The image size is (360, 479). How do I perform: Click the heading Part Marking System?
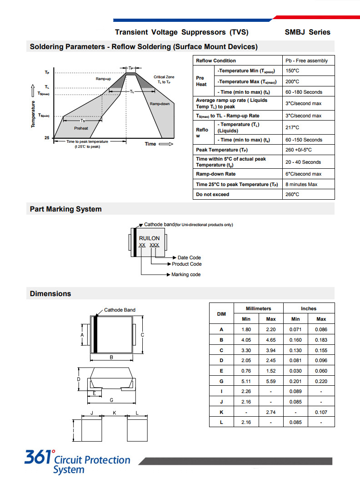(66, 209)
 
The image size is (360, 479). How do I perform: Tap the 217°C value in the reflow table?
(292, 128)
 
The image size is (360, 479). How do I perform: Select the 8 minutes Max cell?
(302, 184)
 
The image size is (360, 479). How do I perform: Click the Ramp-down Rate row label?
(216, 174)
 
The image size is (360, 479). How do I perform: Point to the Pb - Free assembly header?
(306, 61)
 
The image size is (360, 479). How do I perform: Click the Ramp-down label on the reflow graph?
(160, 104)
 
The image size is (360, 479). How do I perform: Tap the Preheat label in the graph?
(81, 128)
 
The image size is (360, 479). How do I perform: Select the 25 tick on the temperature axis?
(47, 137)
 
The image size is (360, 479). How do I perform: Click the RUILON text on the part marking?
(150, 238)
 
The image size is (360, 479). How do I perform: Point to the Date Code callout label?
(189, 257)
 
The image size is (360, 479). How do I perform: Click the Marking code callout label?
(185, 275)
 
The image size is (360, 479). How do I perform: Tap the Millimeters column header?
(258, 308)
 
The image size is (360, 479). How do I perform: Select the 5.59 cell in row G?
(270, 381)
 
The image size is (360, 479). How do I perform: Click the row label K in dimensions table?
(221, 412)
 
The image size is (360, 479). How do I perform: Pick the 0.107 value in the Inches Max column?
(321, 412)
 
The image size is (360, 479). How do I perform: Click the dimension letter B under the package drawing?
(111, 358)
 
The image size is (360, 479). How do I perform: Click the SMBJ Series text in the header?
(307, 32)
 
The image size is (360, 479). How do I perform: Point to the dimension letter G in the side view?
(111, 400)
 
